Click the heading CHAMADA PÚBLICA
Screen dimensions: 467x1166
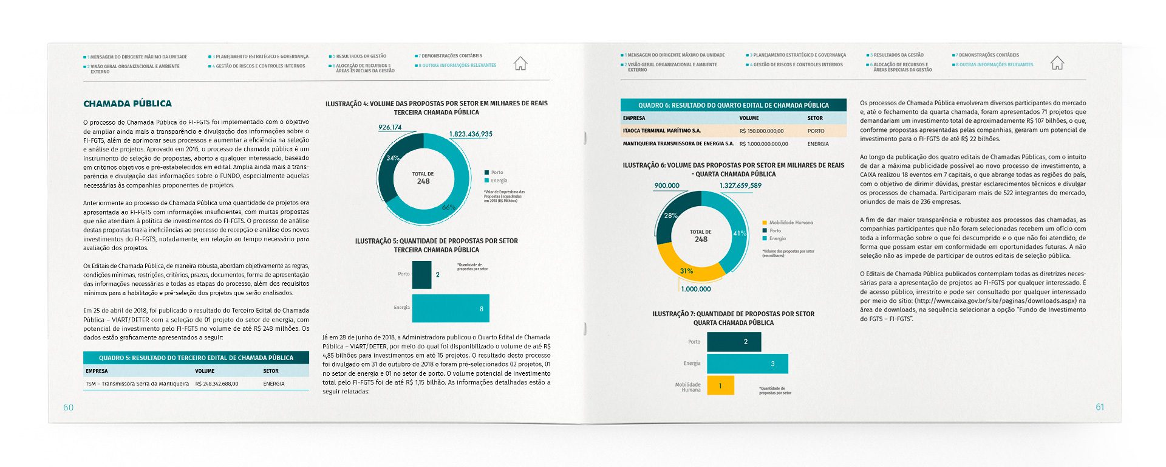click(128, 104)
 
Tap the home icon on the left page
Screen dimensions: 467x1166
click(520, 63)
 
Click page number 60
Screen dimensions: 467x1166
click(69, 407)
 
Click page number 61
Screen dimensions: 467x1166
click(1100, 407)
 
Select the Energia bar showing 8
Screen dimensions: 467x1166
click(450, 308)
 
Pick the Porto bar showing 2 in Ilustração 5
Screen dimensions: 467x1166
click(421, 275)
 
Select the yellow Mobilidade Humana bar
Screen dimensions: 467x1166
click(720, 386)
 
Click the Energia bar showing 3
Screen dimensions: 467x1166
click(747, 364)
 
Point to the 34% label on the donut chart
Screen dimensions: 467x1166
click(393, 158)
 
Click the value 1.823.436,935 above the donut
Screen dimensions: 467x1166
click(471, 134)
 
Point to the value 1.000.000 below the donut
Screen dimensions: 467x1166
click(696, 289)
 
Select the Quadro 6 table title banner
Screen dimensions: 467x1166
click(733, 105)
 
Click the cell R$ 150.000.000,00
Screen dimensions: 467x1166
click(762, 131)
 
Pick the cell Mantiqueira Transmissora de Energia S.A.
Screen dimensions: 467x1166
click(678, 144)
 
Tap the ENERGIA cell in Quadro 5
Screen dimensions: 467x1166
click(274, 384)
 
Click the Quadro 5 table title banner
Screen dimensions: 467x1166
click(196, 358)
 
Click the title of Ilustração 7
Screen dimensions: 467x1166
click(733, 318)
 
